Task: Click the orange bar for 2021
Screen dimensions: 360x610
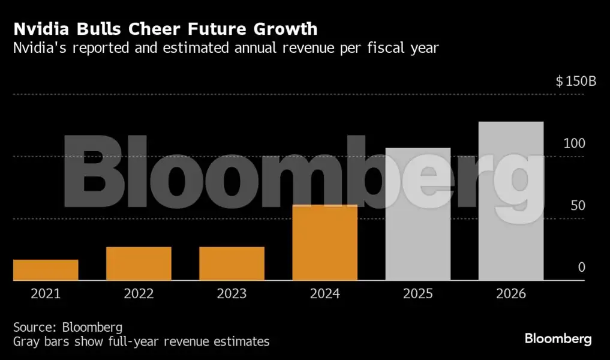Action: [46, 270]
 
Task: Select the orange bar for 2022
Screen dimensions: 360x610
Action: [139, 263]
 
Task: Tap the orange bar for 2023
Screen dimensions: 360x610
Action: [232, 263]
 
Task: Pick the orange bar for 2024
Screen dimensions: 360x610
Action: [324, 242]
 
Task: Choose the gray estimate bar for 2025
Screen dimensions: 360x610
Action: [417, 214]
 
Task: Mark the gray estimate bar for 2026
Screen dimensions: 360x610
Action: [510, 201]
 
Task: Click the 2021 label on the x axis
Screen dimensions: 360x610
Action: [46, 294]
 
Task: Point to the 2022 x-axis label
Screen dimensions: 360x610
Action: [139, 294]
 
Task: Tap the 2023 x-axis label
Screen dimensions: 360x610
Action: [232, 294]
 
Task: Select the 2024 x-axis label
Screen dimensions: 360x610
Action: [324, 294]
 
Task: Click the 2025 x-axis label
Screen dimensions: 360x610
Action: [417, 294]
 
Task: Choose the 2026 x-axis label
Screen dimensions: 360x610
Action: [510, 294]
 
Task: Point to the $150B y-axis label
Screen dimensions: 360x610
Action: [576, 82]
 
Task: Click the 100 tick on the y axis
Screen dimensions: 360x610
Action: [573, 143]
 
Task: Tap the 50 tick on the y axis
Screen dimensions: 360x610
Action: [576, 206]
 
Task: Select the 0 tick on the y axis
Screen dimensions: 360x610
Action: [581, 268]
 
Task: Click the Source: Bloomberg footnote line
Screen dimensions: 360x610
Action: [68, 328]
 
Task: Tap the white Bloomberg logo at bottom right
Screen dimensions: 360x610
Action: [558, 339]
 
